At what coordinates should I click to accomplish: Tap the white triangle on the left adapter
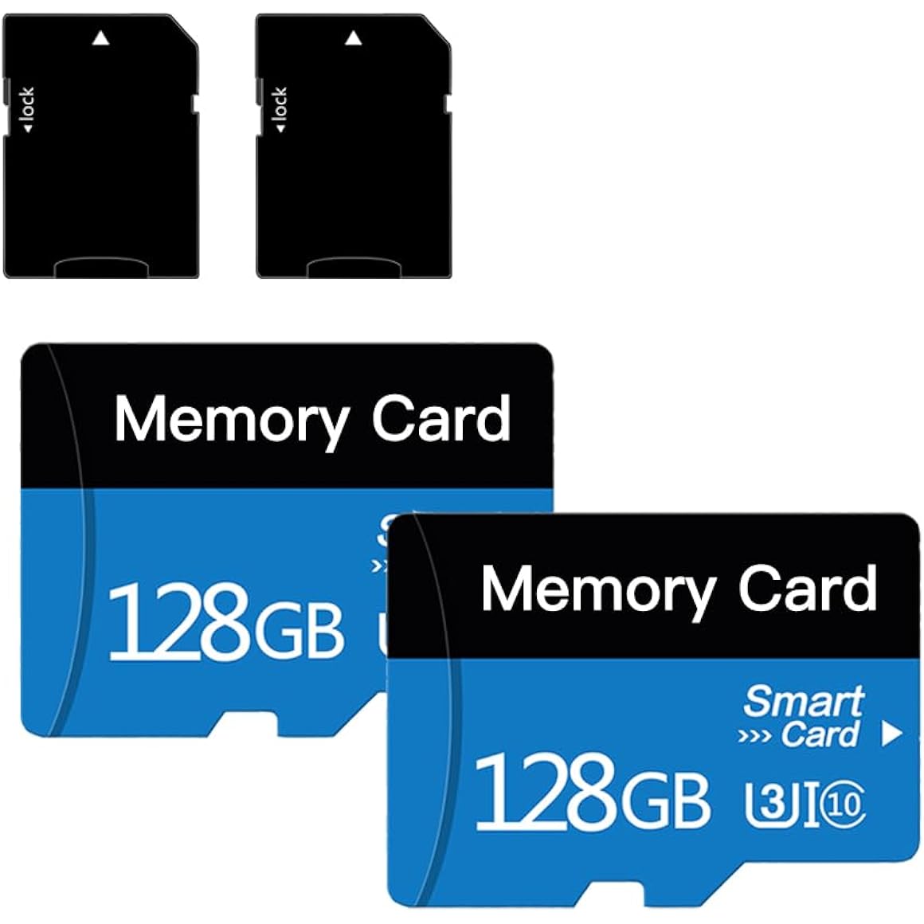[101, 38]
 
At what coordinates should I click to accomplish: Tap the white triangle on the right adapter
[354, 38]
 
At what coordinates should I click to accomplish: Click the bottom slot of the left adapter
[101, 268]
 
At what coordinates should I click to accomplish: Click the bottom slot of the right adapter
[354, 268]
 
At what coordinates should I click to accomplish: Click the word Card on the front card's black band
[808, 588]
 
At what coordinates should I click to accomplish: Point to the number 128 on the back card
[178, 622]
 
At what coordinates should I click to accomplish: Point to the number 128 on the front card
[545, 792]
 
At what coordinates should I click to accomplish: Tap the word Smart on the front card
[804, 701]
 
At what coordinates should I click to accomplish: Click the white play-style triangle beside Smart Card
[891, 734]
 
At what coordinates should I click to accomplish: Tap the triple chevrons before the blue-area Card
[754, 737]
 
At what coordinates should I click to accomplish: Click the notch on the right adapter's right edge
[448, 103]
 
